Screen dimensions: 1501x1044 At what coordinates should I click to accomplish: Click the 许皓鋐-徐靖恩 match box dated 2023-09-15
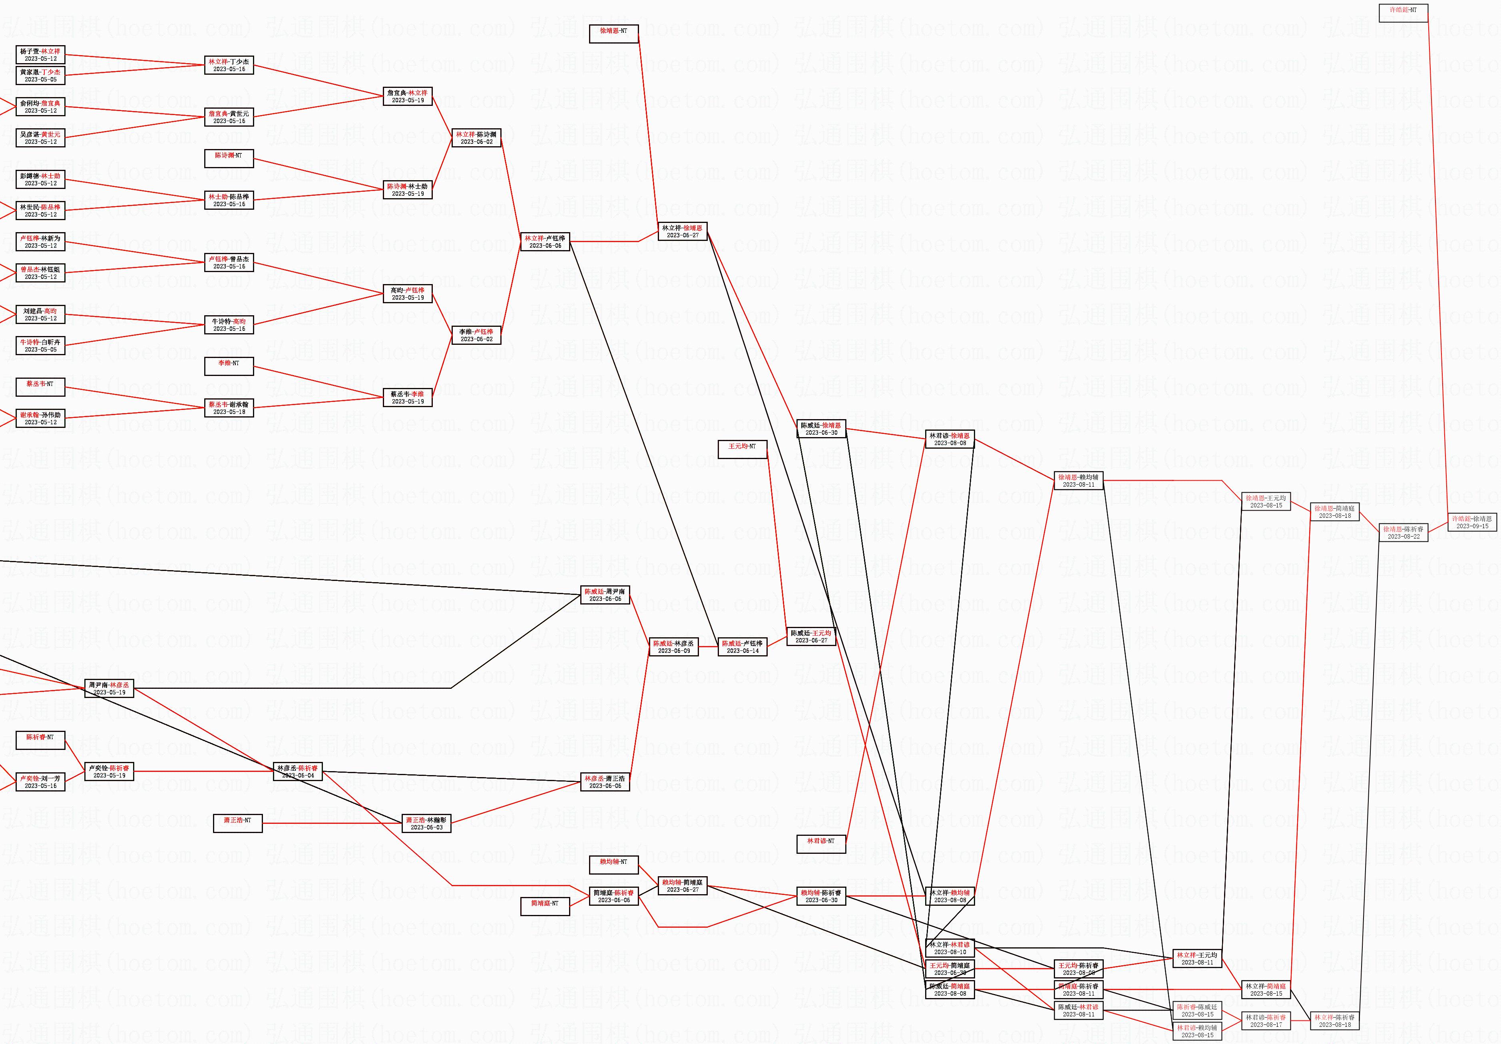(1471, 522)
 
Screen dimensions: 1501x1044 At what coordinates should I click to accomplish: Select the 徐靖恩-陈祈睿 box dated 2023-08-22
(1403, 532)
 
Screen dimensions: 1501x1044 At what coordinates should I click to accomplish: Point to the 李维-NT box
(229, 366)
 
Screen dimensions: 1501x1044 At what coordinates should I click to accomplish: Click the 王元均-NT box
(742, 449)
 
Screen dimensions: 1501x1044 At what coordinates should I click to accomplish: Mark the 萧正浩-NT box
(237, 823)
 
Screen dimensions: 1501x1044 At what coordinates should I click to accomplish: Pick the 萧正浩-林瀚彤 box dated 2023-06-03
(426, 823)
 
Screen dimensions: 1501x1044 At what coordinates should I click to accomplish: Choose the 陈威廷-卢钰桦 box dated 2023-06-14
(742, 646)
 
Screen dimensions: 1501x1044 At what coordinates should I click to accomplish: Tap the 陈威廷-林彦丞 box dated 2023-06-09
(673, 646)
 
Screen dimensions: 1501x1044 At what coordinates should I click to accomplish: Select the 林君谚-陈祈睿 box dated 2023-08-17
(1266, 1020)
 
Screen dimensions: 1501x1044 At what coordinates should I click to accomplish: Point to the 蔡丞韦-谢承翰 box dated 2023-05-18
(229, 408)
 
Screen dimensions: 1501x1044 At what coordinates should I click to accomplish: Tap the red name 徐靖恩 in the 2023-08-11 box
(1067, 477)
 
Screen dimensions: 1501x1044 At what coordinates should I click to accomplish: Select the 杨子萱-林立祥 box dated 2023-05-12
(40, 55)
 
